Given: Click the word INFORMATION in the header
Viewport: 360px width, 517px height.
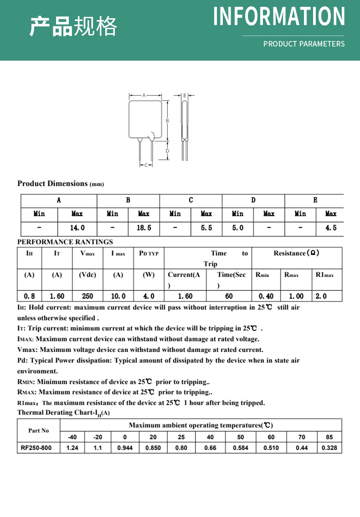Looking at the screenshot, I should click(279, 16).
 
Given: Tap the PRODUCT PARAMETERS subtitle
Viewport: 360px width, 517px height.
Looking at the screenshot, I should click(304, 44).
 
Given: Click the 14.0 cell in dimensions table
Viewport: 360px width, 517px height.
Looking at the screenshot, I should click(77, 228).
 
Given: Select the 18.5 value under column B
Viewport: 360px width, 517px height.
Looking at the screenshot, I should click(144, 228).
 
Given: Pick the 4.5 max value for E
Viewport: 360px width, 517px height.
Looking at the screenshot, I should click(331, 228).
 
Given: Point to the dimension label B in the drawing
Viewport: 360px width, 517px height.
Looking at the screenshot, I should click(168, 121).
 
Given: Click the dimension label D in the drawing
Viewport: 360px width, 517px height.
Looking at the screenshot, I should click(168, 151).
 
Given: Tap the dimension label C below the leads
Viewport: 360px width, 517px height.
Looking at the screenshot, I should click(146, 165).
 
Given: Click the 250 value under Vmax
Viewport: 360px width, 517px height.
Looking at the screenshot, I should click(87, 296).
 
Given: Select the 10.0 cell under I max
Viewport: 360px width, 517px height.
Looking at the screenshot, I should click(118, 296).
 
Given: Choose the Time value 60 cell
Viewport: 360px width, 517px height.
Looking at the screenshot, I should click(229, 296).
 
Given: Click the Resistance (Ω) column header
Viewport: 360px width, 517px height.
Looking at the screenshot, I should click(296, 253).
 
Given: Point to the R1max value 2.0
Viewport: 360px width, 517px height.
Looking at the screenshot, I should click(321, 296).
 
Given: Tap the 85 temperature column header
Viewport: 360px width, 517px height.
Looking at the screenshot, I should click(329, 437).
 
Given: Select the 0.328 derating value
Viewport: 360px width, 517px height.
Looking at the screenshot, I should click(329, 448).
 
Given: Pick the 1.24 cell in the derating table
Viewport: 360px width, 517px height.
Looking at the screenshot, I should click(72, 448).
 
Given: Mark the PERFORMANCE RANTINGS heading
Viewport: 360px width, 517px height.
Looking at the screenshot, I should click(65, 242).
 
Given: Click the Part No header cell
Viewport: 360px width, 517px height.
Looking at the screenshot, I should click(38, 431).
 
